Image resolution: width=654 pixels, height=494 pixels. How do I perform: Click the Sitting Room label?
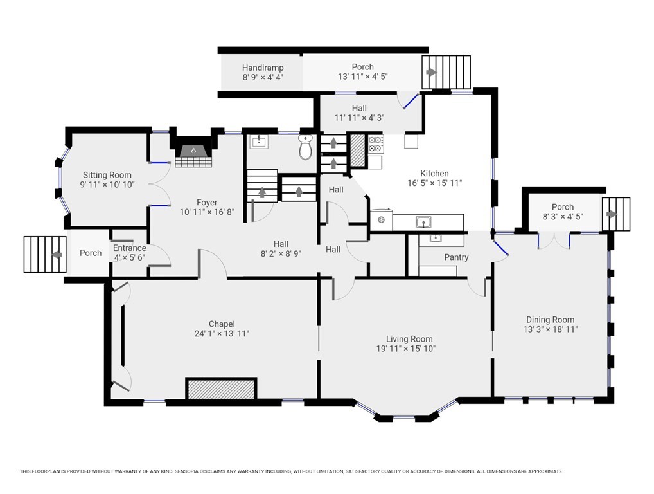pyautogui.click(x=107, y=175)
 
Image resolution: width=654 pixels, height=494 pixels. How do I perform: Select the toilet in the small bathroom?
pyautogui.click(x=306, y=148)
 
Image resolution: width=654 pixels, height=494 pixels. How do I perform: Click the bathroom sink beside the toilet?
pyautogui.click(x=260, y=142)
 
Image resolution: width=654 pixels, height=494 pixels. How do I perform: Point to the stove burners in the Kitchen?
pyautogui.click(x=376, y=143)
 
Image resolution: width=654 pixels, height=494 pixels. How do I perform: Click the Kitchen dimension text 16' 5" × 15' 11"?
pyautogui.click(x=434, y=183)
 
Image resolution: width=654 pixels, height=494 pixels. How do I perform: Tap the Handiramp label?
pyautogui.click(x=263, y=68)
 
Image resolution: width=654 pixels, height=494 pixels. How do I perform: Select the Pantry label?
pyautogui.click(x=456, y=257)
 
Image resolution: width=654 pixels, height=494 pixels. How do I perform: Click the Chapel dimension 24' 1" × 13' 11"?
pyautogui.click(x=222, y=334)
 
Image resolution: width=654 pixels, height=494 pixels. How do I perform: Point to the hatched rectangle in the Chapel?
pyautogui.click(x=222, y=389)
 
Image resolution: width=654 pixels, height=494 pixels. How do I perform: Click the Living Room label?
pyautogui.click(x=409, y=339)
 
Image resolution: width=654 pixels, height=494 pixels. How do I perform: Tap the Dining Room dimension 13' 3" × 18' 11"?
pyautogui.click(x=550, y=329)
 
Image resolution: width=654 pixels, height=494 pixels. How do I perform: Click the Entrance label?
pyautogui.click(x=129, y=248)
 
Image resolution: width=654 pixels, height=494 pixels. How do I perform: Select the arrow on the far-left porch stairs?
pyautogui.click(x=57, y=254)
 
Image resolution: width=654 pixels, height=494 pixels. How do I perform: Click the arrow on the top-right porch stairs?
pyautogui.click(x=431, y=72)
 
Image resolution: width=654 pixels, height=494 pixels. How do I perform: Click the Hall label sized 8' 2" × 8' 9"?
pyautogui.click(x=281, y=244)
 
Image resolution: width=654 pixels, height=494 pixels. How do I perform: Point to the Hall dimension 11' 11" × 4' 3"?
pyautogui.click(x=358, y=118)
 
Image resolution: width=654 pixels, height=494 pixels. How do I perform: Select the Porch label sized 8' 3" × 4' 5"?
pyautogui.click(x=563, y=207)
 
